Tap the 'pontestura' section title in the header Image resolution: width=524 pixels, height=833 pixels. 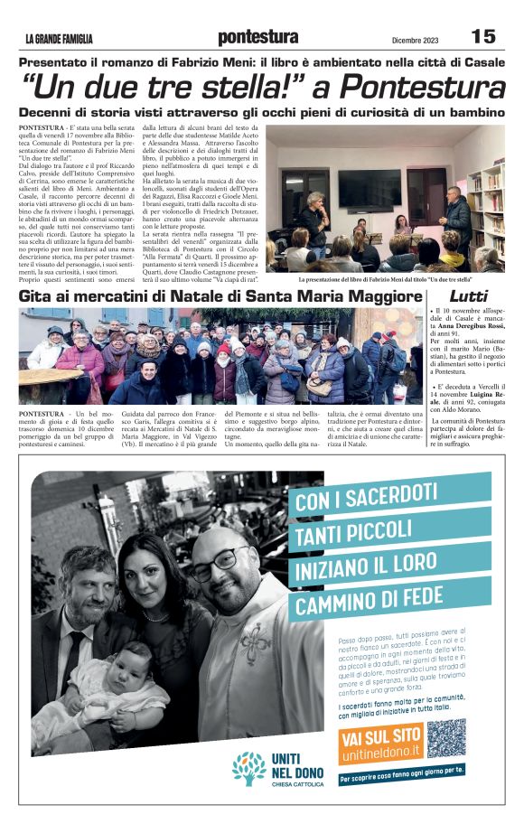(258, 37)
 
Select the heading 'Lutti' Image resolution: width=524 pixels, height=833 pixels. (468, 296)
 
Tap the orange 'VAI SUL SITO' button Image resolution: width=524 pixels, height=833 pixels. (383, 736)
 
